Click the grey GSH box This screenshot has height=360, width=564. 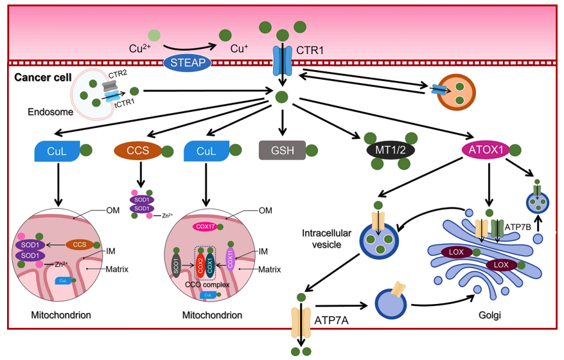[281, 150]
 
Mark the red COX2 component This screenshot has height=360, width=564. [200, 263]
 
